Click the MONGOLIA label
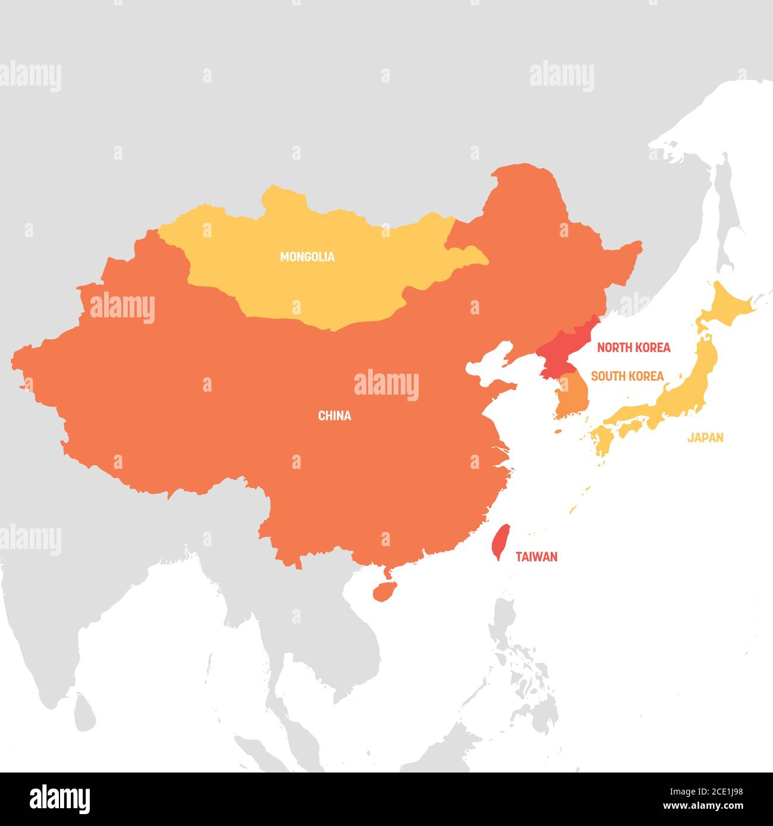click(307, 257)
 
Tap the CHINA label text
click(334, 416)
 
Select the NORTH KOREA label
click(633, 348)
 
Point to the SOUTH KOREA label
click(627, 376)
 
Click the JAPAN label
click(705, 438)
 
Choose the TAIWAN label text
click(536, 557)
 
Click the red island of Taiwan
click(501, 541)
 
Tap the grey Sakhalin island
click(725, 208)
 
